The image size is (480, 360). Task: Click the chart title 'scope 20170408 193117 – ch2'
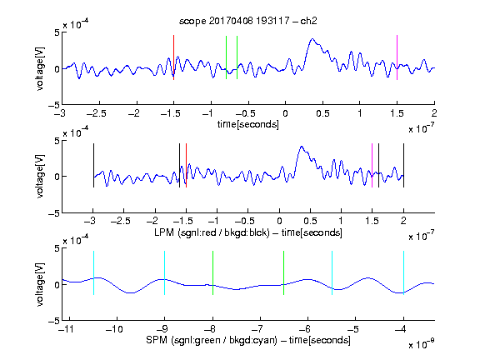tap(248, 21)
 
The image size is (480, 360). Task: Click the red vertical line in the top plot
tap(173, 57)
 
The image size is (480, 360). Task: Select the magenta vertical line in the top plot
tap(397, 57)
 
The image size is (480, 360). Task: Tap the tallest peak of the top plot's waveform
tap(312, 39)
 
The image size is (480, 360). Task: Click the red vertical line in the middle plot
tap(186, 165)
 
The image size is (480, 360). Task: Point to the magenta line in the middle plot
tap(372, 165)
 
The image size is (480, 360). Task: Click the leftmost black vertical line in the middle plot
tap(93, 165)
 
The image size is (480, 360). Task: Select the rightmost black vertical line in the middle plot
tap(403, 165)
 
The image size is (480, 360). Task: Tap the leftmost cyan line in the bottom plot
tap(93, 273)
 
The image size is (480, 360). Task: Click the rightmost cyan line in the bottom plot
tap(403, 273)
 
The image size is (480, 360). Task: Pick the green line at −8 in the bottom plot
tap(212, 273)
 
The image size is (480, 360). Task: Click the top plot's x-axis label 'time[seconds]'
tap(248, 124)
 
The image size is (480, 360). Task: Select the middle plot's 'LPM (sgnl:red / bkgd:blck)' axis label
tap(212, 232)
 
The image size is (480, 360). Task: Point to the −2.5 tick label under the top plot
tap(97, 113)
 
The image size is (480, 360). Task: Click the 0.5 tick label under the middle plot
tap(310, 221)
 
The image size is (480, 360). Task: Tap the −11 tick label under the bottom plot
tap(67, 329)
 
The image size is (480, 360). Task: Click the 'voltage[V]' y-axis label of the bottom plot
tap(40, 285)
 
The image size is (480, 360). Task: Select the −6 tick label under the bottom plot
tap(305, 329)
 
